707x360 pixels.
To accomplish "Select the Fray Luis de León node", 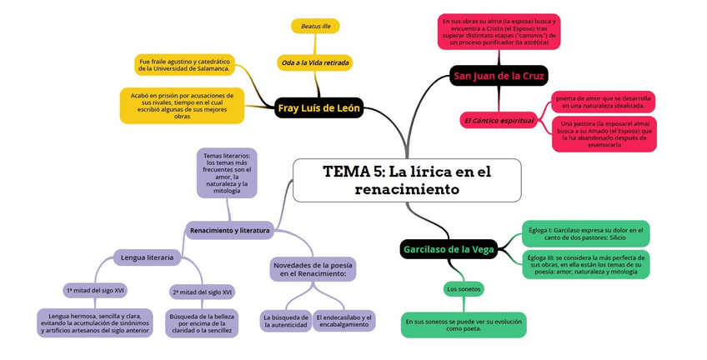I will coord(318,108).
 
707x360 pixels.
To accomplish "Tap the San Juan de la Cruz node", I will coord(499,76).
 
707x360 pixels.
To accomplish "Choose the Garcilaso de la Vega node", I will coord(449,249).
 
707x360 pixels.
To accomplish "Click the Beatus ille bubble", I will coord(315,27).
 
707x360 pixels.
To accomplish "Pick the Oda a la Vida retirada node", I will coord(315,62).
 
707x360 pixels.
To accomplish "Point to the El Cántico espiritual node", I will coord(499,121).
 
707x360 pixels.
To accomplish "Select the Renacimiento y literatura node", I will coord(230,230).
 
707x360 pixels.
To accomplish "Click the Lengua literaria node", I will coord(147,258).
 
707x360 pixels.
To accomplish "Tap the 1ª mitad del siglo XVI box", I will coord(95,291).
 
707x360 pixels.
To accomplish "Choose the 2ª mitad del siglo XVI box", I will coord(202,292).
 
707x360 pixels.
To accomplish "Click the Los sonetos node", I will coord(464,289).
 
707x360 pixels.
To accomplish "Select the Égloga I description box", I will coord(585,233).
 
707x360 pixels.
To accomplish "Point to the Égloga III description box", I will coord(585,264).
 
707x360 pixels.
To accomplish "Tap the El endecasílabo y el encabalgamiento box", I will coord(343,321).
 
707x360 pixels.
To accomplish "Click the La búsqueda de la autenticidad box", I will coord(285,321).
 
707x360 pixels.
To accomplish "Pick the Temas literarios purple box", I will coord(227,173).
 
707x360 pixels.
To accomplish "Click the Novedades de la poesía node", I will coord(313,268).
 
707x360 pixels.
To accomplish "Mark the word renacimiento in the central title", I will coord(407,189).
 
